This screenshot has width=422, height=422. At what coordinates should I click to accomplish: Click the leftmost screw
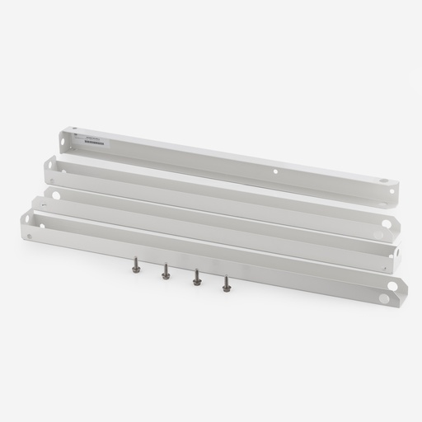(136, 265)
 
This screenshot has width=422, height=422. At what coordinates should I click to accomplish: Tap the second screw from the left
(166, 271)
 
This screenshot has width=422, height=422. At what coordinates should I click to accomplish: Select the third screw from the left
(197, 278)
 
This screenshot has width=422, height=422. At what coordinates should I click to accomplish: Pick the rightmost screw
(227, 284)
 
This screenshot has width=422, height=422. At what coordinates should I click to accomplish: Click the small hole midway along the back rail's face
(276, 172)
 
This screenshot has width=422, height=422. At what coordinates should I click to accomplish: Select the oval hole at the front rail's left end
(30, 219)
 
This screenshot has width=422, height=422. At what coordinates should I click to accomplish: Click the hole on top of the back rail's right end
(382, 180)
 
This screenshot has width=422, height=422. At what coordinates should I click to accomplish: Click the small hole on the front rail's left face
(30, 237)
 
